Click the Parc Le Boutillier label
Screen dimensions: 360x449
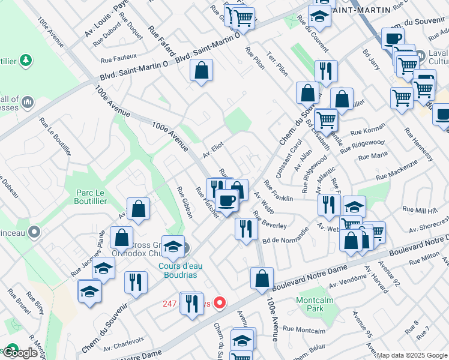click(x=92, y=197)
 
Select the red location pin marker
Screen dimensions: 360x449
click(x=220, y=303)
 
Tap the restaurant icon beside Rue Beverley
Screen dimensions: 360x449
click(x=246, y=229)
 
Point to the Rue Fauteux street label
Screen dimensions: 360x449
click(x=118, y=59)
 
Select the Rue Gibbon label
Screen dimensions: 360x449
click(x=183, y=202)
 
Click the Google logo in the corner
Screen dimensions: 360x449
click(x=22, y=353)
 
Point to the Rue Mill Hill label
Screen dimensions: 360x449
click(x=420, y=210)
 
